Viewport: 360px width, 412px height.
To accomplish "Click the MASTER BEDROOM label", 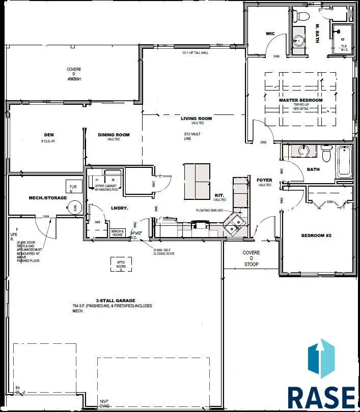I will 300,100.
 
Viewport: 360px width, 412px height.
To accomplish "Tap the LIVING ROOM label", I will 196,119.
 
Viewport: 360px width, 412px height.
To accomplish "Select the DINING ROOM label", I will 114,135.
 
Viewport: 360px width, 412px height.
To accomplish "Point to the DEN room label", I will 49,135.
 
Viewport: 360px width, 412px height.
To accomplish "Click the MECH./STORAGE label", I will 48,197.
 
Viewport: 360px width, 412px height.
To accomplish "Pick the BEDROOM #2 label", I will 317,236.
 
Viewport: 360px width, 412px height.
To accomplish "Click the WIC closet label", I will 270,34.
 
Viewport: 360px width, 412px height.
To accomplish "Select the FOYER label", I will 264,180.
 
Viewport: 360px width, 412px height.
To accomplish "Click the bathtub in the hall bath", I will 344,162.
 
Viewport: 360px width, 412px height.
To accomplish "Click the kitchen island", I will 197,181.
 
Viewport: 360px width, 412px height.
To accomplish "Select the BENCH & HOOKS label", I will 118,232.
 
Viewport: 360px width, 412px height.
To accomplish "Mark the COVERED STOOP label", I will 251,258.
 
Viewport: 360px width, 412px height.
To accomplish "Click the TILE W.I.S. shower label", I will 344,48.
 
